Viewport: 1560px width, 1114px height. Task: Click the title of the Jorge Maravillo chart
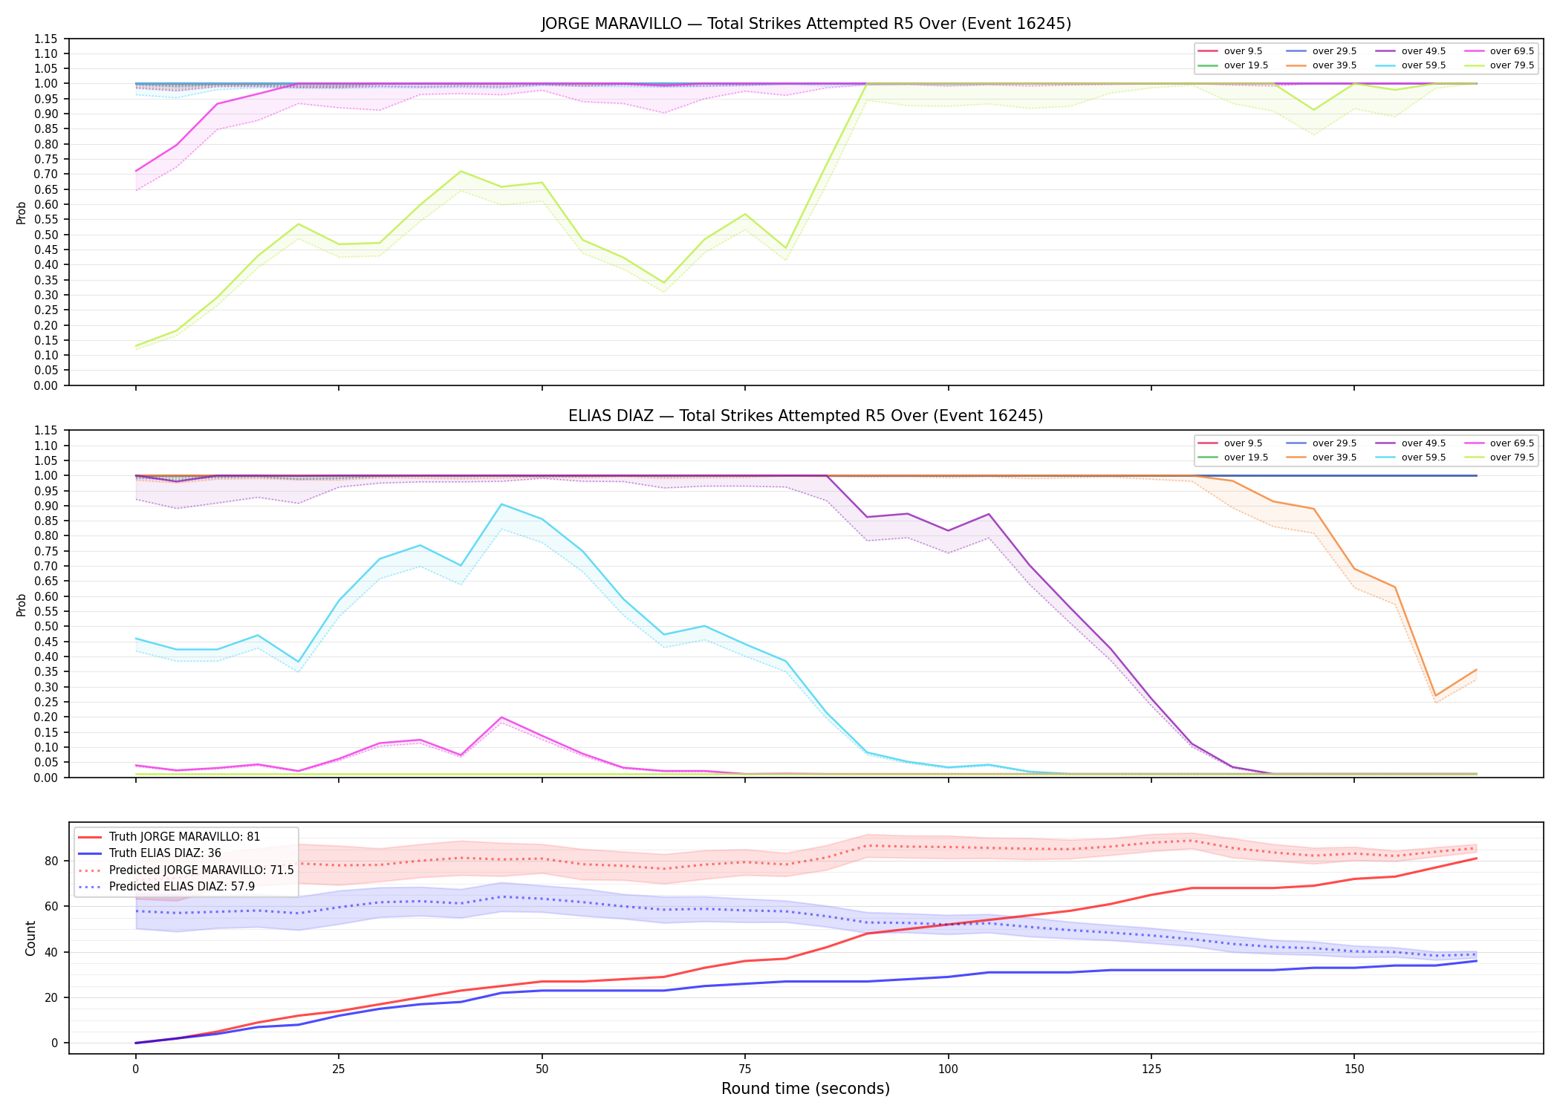pyautogui.click(x=806, y=24)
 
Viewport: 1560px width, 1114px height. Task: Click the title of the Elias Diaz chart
pyautogui.click(x=806, y=416)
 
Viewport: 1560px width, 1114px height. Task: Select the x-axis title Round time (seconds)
pyautogui.click(x=805, y=1089)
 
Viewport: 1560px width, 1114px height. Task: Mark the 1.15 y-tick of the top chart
pyautogui.click(x=45, y=39)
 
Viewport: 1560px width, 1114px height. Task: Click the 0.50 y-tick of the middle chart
pyautogui.click(x=45, y=626)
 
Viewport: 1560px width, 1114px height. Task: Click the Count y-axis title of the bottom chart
pyautogui.click(x=30, y=938)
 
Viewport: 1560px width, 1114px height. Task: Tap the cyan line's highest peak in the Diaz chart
pyautogui.click(x=502, y=504)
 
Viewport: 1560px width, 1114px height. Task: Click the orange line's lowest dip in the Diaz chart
pyautogui.click(x=1435, y=696)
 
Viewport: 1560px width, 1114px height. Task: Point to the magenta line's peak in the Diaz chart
pyautogui.click(x=502, y=717)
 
